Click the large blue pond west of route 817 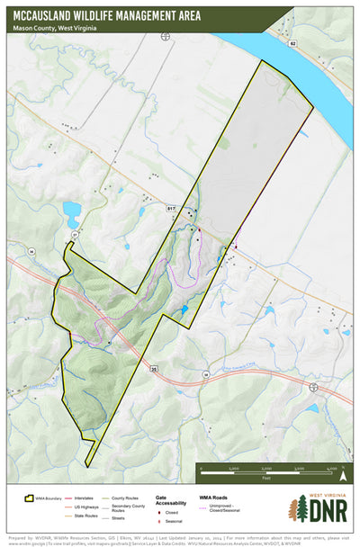point(71,213)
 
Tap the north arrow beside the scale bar point(344,477)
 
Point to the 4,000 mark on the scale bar point(332,470)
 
